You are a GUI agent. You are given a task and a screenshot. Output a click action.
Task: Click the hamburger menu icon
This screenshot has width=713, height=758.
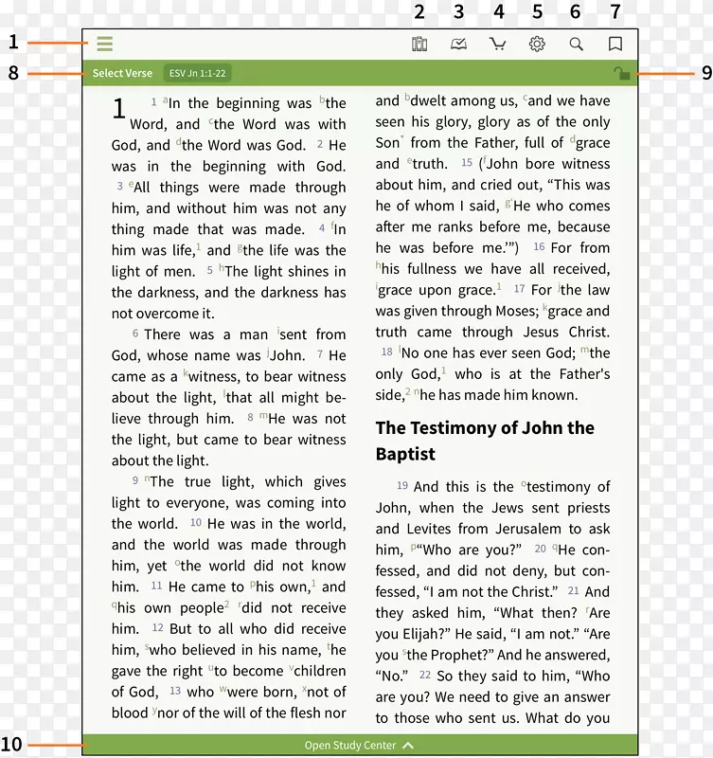coord(104,44)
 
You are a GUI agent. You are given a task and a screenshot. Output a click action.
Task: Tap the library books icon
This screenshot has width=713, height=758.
coord(419,44)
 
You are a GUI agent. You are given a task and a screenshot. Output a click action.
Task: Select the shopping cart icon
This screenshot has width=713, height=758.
coord(497,44)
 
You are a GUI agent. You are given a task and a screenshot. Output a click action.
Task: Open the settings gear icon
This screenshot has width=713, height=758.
coord(537,44)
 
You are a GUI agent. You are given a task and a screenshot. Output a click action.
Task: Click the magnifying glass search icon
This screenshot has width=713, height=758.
coord(576,44)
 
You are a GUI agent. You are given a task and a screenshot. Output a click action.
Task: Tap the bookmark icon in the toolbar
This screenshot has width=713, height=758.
coord(615,44)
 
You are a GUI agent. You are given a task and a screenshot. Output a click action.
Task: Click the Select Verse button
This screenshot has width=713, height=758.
coord(122,73)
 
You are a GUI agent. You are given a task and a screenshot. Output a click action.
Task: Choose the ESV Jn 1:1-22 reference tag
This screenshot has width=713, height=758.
coord(198,73)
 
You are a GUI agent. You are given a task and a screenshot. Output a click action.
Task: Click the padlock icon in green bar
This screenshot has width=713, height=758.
coord(621,74)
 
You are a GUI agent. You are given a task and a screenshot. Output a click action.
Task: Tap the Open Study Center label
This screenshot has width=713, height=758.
coord(350,746)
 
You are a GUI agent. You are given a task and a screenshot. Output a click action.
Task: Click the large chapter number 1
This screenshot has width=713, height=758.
coord(119,110)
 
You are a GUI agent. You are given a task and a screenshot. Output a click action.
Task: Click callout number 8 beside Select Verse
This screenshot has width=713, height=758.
coord(13,73)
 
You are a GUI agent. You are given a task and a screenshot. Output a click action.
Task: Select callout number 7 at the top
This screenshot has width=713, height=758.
coord(615,12)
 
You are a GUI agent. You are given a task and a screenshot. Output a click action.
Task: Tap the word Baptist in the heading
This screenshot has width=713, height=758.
coord(405,454)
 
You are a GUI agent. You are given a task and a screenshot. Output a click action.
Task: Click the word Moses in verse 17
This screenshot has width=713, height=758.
coord(517,311)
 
